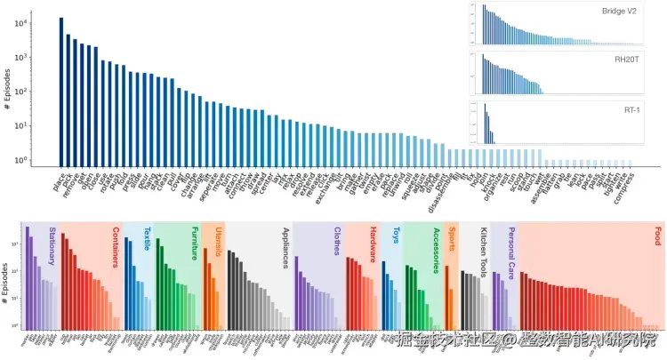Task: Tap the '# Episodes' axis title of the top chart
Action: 7,92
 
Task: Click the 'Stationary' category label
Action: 52,244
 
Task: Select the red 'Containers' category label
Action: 116,246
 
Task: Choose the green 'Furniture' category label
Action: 193,242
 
